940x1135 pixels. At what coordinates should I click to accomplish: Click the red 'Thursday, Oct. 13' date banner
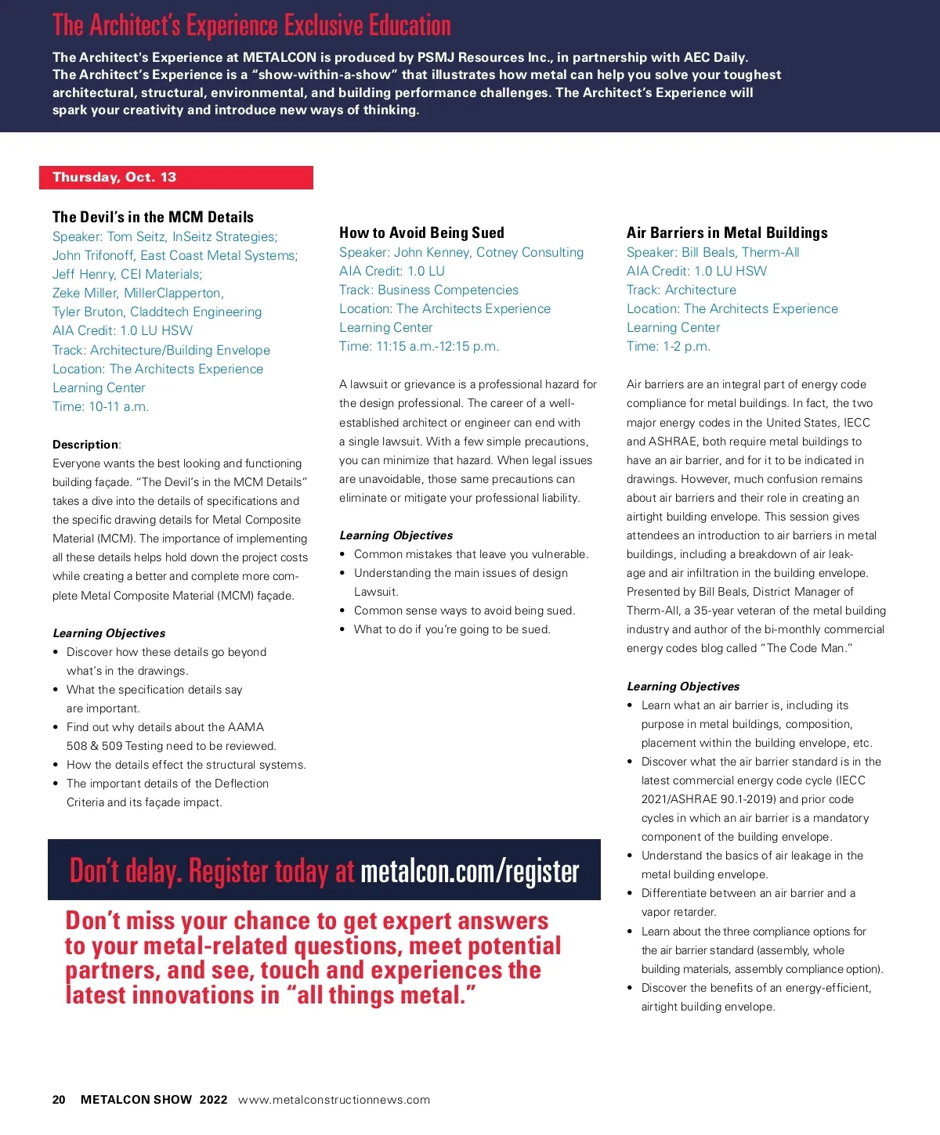pos(175,178)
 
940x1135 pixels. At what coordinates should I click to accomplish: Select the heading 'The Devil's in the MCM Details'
pos(153,217)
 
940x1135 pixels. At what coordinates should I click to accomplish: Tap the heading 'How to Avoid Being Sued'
pos(421,232)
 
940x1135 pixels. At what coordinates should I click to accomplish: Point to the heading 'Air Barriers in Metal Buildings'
pos(727,232)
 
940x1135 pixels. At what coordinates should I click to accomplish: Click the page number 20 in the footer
pos(59,1100)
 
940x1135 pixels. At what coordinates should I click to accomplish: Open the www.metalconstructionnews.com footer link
pos(334,1100)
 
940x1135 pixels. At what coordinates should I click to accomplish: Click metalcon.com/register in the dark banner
pos(470,871)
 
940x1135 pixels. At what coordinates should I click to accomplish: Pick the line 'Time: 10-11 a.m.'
pos(100,406)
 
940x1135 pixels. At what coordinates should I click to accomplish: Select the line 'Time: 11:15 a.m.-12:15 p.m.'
pos(419,346)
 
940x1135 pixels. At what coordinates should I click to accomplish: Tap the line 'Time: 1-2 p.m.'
pos(668,346)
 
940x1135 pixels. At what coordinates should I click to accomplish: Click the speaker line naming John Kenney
pos(461,252)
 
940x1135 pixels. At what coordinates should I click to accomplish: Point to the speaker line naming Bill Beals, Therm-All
pos(713,252)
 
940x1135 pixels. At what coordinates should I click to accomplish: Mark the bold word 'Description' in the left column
pos(85,445)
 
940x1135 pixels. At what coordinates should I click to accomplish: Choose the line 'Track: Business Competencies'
pos(428,290)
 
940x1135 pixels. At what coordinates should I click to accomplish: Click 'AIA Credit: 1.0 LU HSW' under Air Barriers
pos(696,271)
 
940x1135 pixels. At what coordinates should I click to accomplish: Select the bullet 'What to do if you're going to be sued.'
pos(452,629)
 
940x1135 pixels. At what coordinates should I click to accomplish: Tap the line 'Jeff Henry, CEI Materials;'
pos(127,274)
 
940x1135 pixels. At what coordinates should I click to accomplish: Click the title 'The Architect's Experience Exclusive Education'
pos(251,26)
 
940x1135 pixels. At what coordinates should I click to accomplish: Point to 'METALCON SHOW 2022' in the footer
pos(154,1100)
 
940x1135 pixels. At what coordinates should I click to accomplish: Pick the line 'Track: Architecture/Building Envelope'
pos(161,350)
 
